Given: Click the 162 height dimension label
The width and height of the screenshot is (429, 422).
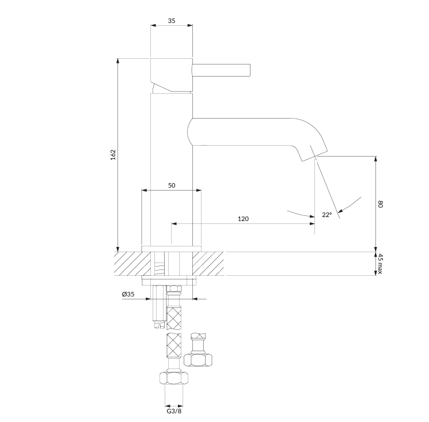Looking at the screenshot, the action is coord(113,155).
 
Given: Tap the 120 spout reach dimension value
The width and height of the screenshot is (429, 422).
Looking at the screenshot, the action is coord(243,219).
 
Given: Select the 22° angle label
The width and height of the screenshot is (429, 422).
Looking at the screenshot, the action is coord(327,215).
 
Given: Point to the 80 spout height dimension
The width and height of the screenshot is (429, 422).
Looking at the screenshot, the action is coord(380,204).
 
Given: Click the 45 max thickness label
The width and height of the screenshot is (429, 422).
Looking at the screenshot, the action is coord(380,264).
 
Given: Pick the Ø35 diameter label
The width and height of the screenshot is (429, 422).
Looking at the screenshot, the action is coord(128,294).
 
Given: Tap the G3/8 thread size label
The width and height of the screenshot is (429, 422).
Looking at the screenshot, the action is coord(174,411).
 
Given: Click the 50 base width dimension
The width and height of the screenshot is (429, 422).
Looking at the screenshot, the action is coord(172,185).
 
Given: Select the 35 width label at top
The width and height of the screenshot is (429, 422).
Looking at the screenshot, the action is coord(172,21).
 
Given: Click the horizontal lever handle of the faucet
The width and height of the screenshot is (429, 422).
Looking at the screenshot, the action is coord(221,70).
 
